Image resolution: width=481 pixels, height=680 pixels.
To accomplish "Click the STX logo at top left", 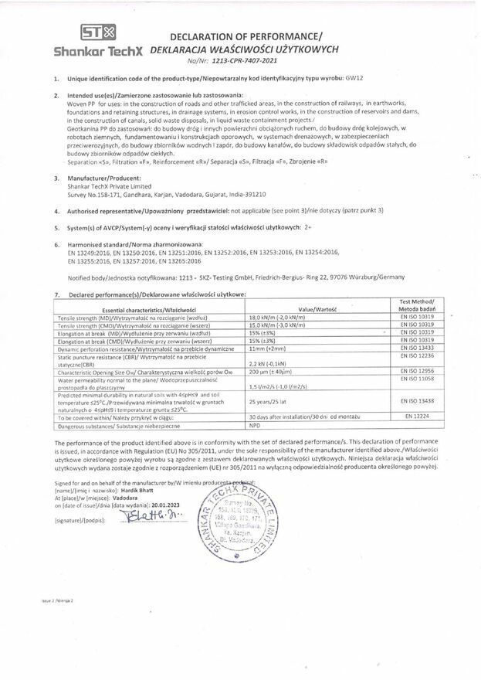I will [98, 33].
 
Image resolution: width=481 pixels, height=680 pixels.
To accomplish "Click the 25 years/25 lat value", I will [268, 402].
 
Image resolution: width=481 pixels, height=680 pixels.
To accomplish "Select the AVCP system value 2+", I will [307, 227].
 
